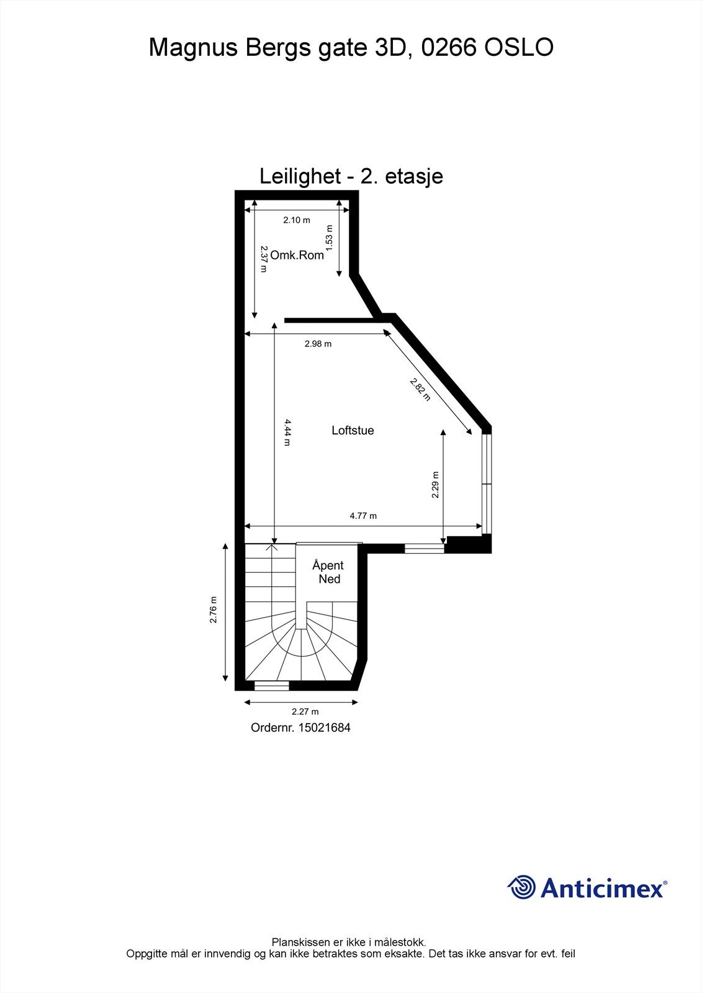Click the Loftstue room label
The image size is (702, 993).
(x=353, y=430)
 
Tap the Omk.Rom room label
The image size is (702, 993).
(x=297, y=255)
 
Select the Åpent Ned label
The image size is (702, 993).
(x=328, y=572)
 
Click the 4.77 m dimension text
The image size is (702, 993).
(x=363, y=516)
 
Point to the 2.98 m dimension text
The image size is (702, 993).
(x=318, y=344)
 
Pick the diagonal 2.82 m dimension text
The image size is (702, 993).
(x=420, y=389)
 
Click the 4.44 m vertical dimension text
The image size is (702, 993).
(x=287, y=432)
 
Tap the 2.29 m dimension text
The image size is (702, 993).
(x=435, y=485)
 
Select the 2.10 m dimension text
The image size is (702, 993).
(x=297, y=220)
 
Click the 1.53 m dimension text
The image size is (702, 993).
(x=329, y=238)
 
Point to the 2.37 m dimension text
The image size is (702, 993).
(x=264, y=259)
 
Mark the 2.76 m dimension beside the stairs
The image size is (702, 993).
(x=214, y=610)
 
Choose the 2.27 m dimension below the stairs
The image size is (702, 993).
(x=305, y=712)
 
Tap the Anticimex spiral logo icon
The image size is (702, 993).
(x=521, y=887)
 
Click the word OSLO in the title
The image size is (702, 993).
(x=518, y=48)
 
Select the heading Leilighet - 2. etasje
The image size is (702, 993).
(x=351, y=176)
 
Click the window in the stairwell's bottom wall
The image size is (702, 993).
(x=272, y=686)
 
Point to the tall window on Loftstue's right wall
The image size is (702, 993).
(x=487, y=483)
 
